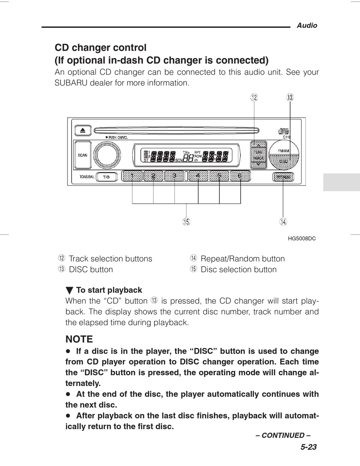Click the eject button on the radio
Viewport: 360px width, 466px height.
[82, 131]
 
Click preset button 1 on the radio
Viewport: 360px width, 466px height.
[132, 176]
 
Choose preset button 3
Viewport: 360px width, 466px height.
[174, 176]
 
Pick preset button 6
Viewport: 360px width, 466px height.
[240, 176]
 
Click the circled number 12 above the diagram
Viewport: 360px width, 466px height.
[254, 97]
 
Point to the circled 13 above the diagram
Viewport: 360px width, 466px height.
[290, 97]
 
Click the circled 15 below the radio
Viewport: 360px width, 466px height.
[186, 222]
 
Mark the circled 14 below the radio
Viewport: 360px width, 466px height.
[283, 222]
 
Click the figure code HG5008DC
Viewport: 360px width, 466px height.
[302, 238]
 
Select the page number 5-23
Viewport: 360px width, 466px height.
[308, 447]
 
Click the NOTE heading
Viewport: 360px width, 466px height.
[79, 339]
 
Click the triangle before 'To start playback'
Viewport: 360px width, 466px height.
[69, 291]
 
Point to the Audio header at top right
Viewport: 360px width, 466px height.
[307, 25]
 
